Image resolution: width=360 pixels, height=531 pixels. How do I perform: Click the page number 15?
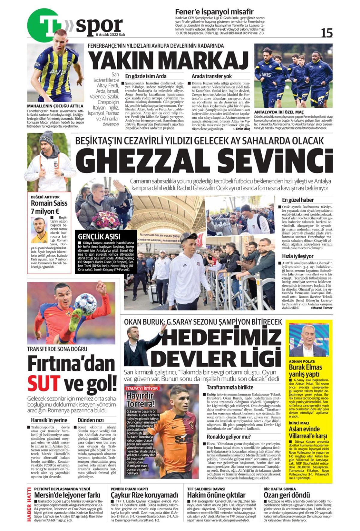(326, 33)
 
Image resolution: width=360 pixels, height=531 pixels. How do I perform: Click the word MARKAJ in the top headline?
(204, 61)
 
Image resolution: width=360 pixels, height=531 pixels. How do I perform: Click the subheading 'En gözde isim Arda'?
(146, 76)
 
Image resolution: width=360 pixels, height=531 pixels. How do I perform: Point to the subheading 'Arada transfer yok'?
(212, 76)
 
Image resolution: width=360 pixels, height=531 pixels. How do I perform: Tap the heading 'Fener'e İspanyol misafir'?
(214, 12)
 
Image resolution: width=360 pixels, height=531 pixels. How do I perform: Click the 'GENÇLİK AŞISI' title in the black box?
(99, 236)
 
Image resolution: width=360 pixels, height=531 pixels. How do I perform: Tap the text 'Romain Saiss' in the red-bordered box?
(49, 203)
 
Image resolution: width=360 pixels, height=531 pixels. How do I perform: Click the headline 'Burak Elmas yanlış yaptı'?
(305, 370)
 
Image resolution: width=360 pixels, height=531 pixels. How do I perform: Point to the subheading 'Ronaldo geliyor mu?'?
(229, 437)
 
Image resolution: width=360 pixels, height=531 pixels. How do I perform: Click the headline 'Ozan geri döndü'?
(286, 495)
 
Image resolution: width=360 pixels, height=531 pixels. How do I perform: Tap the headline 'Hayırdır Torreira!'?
(140, 400)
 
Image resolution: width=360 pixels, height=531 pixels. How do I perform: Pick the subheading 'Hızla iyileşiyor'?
(298, 256)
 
